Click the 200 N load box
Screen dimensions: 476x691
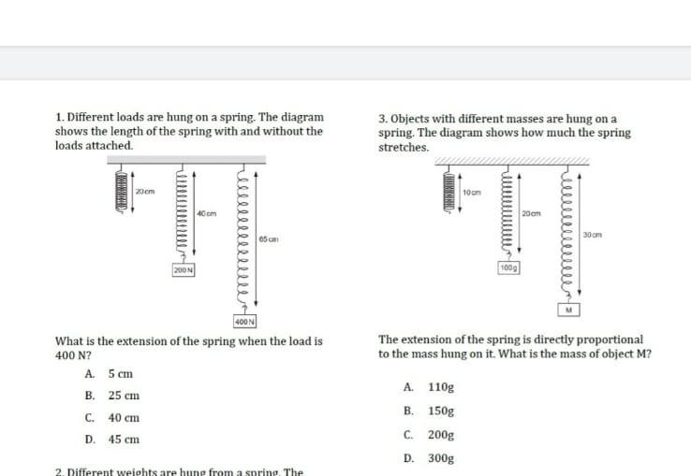click(x=183, y=269)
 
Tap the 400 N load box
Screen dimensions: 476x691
click(x=246, y=322)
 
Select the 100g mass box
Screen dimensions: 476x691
click(x=509, y=267)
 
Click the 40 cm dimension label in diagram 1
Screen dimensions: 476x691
click(x=207, y=214)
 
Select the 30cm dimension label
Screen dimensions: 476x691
click(x=592, y=233)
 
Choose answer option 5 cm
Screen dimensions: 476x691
click(x=120, y=374)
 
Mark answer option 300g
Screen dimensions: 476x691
click(x=441, y=458)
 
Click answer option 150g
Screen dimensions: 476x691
click(x=441, y=411)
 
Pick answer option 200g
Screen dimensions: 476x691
click(x=441, y=435)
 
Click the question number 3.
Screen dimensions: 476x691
click(x=382, y=119)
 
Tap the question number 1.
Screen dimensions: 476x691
click(x=59, y=118)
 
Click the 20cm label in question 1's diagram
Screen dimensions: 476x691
click(x=144, y=192)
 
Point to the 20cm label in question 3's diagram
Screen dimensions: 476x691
click(x=531, y=214)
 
